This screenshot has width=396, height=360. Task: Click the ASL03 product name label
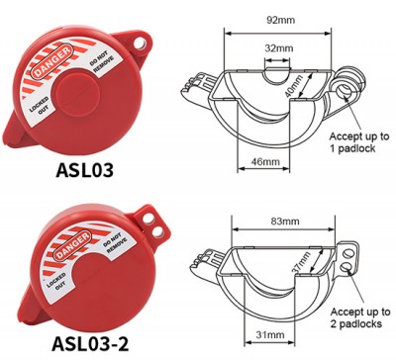click(88, 169)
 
